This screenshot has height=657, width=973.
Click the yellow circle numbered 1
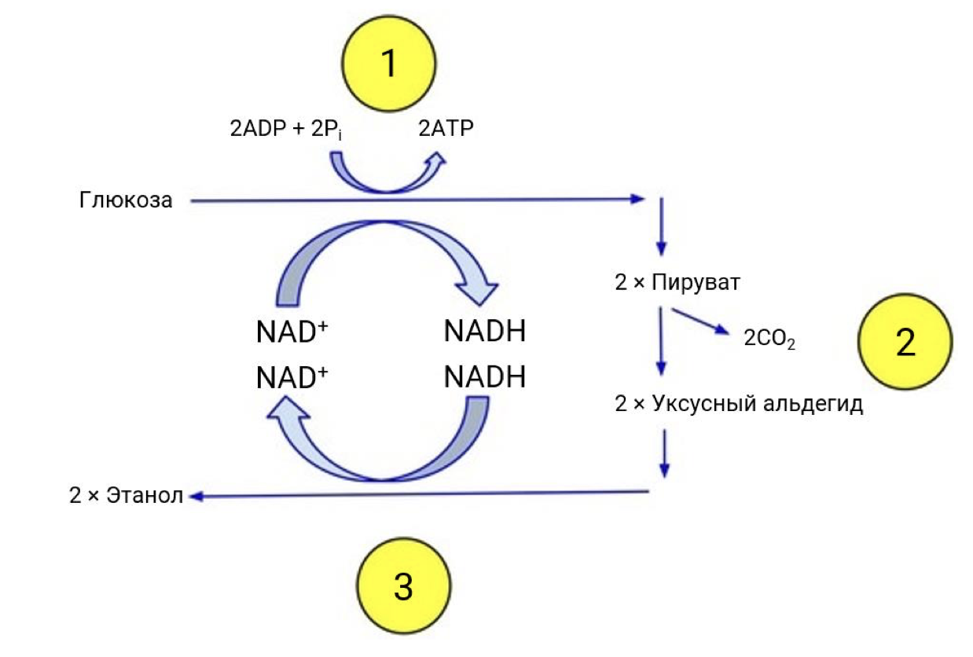pos(387,64)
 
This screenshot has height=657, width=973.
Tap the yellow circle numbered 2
pos(905,342)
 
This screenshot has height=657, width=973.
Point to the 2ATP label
pos(446,129)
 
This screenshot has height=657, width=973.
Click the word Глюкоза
pos(126,200)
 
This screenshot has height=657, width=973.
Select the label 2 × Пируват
pos(677,282)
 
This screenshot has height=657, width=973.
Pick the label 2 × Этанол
pos(127,496)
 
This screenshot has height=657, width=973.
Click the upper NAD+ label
pos(292,332)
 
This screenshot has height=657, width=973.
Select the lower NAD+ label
pos(292,378)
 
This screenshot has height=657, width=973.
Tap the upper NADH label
pos(484,332)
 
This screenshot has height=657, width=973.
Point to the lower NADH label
pos(484,378)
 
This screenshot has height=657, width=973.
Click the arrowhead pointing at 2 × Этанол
pos(194,496)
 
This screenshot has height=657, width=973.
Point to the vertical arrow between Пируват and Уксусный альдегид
pos(661,340)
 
